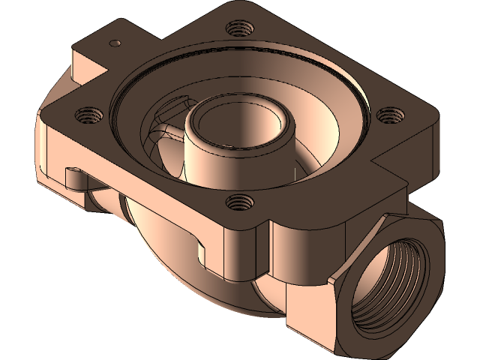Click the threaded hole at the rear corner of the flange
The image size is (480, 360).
pyautogui.click(x=238, y=29)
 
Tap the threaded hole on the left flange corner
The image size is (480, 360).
pyautogui.click(x=88, y=115)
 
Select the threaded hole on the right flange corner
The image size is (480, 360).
pyautogui.click(x=389, y=115)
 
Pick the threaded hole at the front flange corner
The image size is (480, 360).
pyautogui.click(x=238, y=201)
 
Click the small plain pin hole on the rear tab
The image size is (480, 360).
pyautogui.click(x=115, y=43)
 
